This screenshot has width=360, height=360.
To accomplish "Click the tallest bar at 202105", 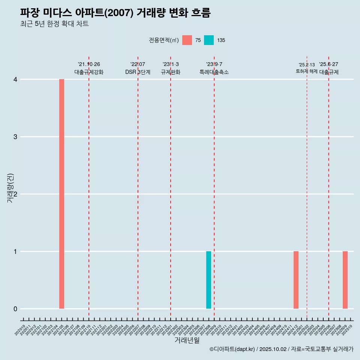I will [61, 194].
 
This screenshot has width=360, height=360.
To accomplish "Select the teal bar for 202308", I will [208, 280].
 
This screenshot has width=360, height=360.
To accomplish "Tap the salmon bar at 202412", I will [296, 280].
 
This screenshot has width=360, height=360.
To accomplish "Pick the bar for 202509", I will [345, 280].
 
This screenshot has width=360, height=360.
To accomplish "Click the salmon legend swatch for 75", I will [187, 40].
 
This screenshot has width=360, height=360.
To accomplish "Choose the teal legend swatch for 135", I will [209, 40].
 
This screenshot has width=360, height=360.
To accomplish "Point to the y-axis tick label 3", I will [15, 137].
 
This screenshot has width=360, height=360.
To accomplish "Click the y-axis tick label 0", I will [15, 309].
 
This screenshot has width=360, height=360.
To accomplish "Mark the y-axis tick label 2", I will [15, 194].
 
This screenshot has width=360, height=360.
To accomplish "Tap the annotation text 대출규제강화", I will [89, 72].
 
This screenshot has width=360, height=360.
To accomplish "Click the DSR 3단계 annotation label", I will [138, 72].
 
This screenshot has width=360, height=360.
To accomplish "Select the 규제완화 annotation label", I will [171, 72].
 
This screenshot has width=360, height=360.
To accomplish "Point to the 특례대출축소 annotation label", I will [214, 72].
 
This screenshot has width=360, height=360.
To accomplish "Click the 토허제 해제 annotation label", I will [307, 71].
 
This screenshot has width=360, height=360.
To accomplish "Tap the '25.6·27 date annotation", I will [328, 64].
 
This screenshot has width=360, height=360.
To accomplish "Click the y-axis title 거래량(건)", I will [10, 188].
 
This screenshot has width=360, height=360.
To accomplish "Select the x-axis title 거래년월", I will [187, 340].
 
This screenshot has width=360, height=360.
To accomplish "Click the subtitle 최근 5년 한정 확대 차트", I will [54, 24].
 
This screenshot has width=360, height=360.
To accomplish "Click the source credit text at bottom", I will [281, 349].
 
